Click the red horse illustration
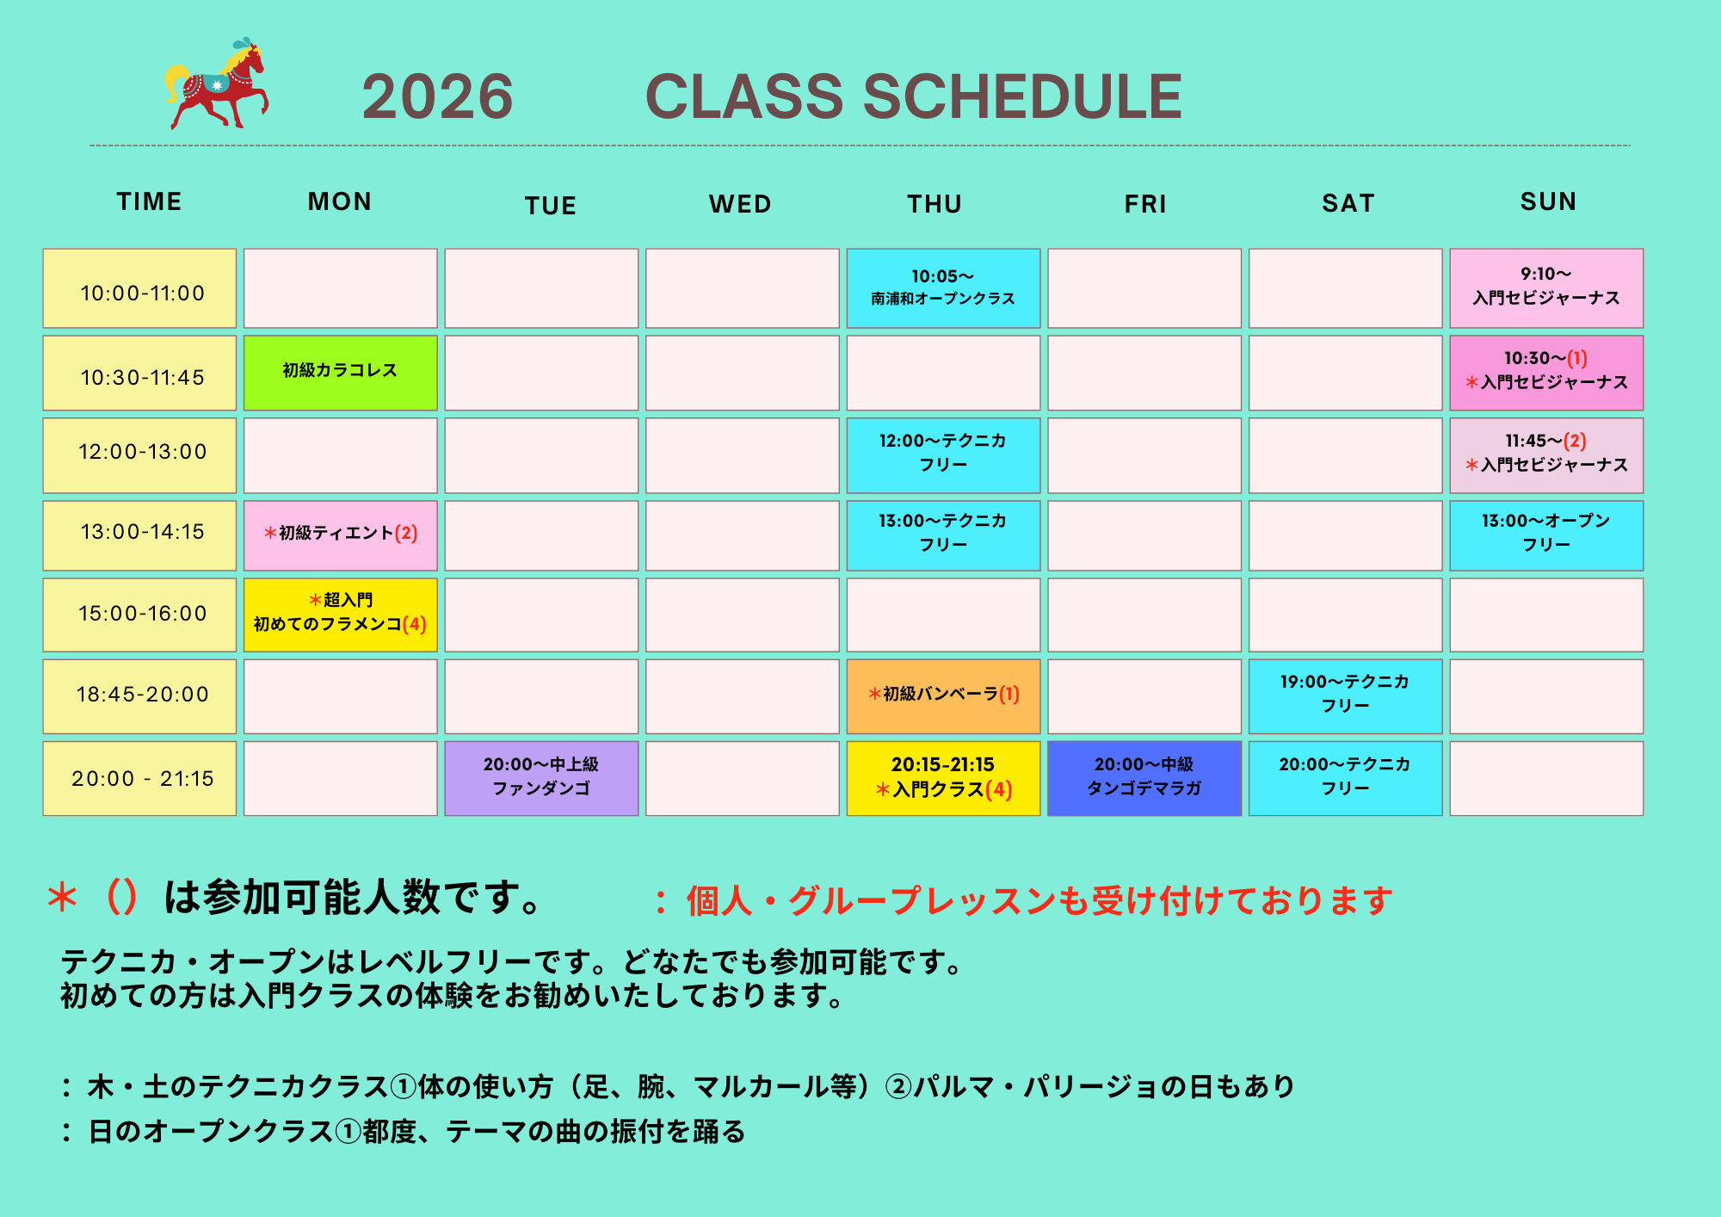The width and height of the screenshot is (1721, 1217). coord(217,84)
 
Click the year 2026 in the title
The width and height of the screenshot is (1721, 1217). coord(437,96)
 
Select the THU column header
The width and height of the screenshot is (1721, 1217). coord(935,204)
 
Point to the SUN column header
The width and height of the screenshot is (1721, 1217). coord(1548,201)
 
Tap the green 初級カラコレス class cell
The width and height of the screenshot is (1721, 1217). coord(341,373)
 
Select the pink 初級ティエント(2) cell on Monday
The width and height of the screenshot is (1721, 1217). coord(341,535)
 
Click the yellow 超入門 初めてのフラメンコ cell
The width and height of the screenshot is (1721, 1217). coord(341,615)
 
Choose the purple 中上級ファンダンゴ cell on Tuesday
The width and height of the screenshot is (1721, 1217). coord(541,778)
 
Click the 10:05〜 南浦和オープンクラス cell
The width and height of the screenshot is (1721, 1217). coord(943,288)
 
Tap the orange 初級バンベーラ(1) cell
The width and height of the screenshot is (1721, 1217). coord(943,696)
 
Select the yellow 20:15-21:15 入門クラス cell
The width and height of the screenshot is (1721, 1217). coord(943,778)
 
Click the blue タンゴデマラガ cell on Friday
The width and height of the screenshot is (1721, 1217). coord(1144,778)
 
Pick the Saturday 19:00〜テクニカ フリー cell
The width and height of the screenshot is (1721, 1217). coord(1345,696)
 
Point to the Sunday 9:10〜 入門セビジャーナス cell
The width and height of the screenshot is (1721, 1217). coord(1546,288)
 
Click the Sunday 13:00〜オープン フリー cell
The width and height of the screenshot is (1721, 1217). coord(1546,535)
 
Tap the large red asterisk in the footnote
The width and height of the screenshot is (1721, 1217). coord(62,898)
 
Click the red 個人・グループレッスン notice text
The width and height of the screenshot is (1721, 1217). coord(1039,901)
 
